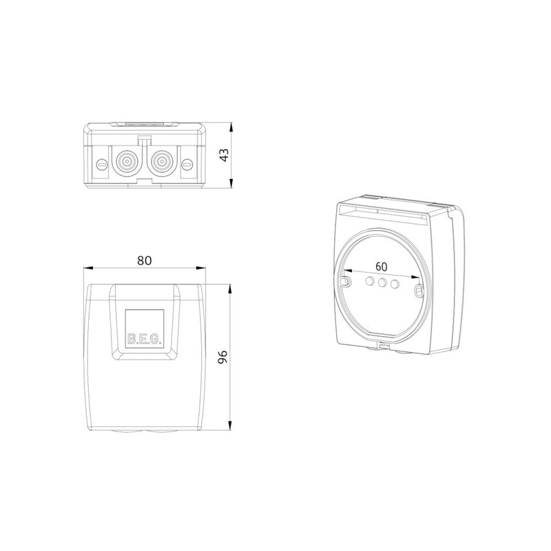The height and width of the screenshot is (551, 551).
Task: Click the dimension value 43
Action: coord(224,156)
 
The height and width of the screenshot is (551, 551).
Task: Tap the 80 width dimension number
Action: coord(145,260)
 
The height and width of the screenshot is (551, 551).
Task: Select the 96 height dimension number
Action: coord(222,357)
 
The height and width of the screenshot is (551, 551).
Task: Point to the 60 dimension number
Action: coord(382,267)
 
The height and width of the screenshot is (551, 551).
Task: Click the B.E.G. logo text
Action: coord(145,339)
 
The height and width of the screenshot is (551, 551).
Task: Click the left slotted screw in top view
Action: coord(102,163)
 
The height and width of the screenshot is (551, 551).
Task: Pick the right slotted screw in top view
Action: coord(187,163)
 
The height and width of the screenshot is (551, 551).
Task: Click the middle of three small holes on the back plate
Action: coord(382,282)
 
